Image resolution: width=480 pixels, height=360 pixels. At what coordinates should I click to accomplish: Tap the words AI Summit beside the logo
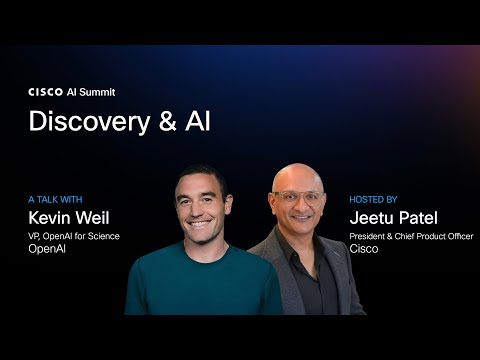[89, 91]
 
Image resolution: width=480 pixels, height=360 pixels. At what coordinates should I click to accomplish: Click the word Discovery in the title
[85, 121]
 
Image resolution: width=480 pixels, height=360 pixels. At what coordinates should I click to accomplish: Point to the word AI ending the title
[194, 121]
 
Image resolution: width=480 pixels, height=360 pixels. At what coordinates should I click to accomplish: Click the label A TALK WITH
[57, 199]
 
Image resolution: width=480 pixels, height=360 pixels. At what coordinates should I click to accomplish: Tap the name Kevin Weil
[68, 217]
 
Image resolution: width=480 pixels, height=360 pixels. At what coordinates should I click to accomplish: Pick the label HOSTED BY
[373, 199]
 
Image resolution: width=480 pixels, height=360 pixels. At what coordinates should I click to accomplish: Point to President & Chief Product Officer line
[410, 236]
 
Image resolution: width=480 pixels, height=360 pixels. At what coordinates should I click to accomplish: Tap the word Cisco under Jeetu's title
[361, 250]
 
